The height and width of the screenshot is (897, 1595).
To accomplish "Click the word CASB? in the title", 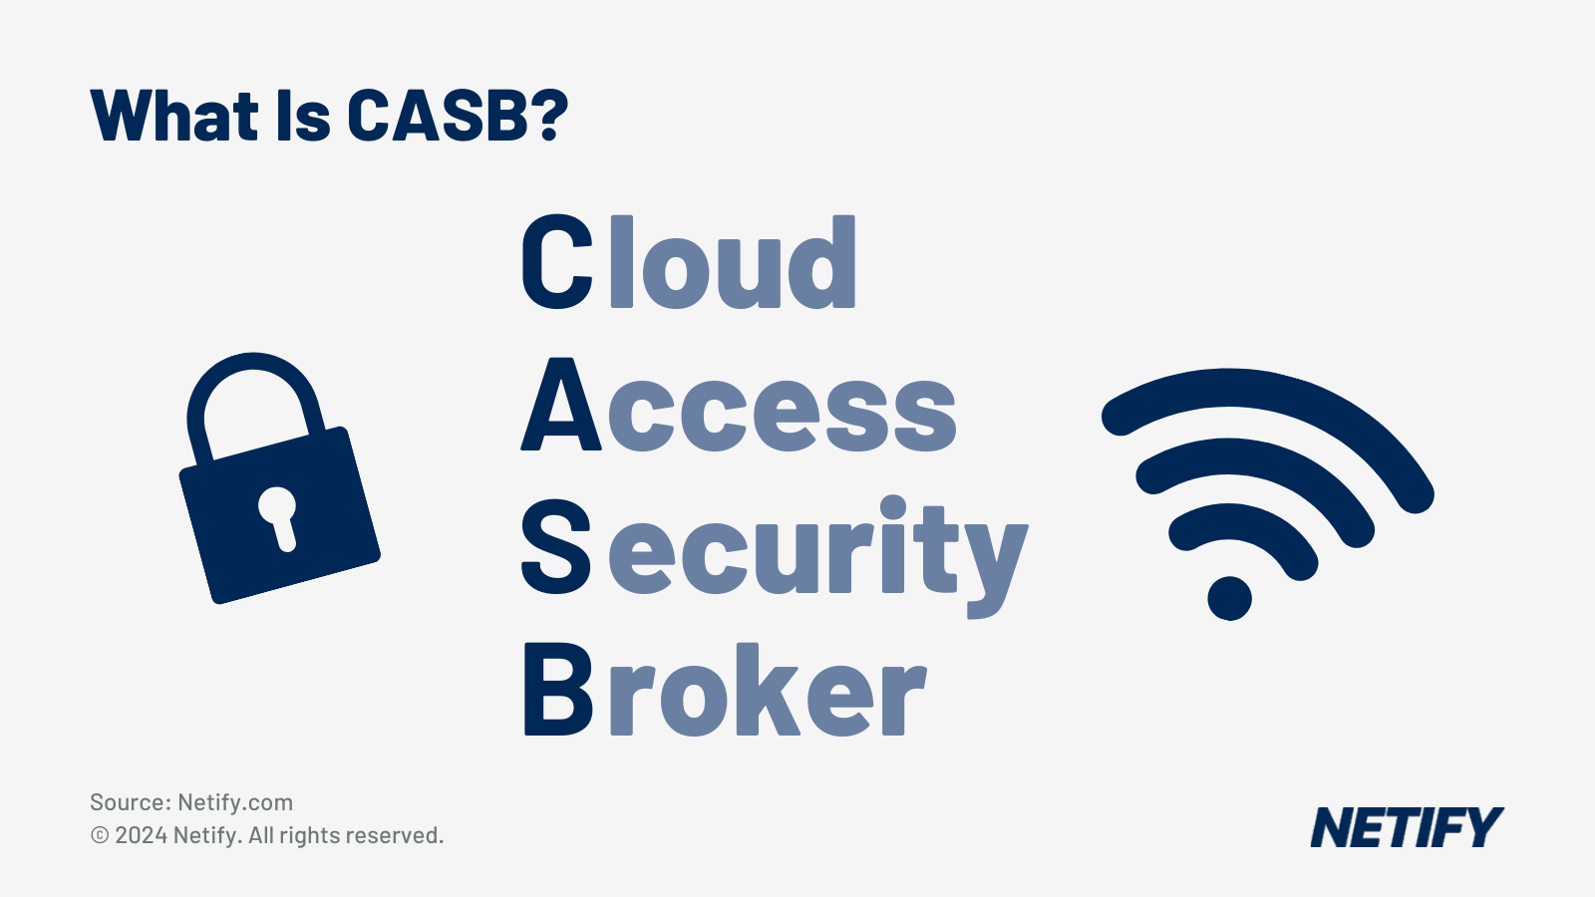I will pos(457,117).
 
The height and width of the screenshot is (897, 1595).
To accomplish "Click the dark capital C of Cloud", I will pos(557,262).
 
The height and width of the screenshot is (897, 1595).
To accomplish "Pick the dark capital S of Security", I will pos(556,546).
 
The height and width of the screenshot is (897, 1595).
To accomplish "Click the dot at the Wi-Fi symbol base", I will pos(1229,598).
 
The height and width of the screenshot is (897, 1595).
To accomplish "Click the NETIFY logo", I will pos(1406,828).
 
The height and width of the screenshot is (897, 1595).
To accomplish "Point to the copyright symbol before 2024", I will pos(100,835).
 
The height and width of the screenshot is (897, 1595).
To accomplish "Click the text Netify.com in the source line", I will pos(235,802).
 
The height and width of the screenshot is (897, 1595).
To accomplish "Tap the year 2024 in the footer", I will pos(141,835).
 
